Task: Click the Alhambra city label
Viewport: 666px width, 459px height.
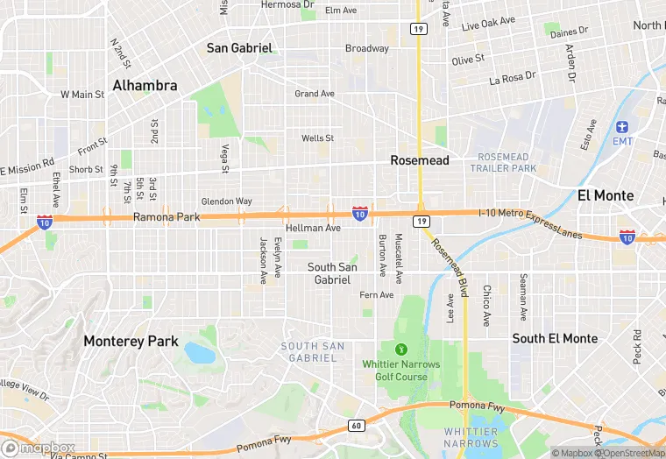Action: [145, 86]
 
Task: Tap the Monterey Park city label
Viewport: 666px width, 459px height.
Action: [131, 342]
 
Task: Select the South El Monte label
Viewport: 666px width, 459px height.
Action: [555, 338]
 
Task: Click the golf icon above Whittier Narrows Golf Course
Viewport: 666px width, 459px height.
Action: [401, 349]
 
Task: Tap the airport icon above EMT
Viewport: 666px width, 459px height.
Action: [622, 127]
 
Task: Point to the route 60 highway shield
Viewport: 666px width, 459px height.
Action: [355, 426]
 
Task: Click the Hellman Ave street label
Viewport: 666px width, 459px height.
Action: [313, 228]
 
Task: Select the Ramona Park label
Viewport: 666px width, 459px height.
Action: [166, 215]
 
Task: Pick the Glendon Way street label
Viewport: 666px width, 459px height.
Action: [226, 201]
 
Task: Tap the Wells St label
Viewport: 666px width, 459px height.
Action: [317, 138]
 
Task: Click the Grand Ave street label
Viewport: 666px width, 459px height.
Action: [315, 94]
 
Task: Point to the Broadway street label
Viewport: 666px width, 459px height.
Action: [366, 48]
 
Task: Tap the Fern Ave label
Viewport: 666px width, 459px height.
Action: [377, 294]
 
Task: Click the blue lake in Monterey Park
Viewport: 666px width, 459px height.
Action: [199, 352]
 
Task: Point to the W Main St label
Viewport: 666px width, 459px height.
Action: [81, 94]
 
